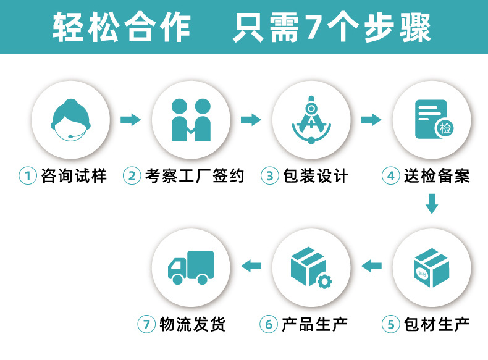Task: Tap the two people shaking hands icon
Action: pyautogui.click(x=191, y=120)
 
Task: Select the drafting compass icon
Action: pyautogui.click(x=311, y=120)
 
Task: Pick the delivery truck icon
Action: pyautogui.click(x=191, y=266)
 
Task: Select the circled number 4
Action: pyautogui.click(x=390, y=176)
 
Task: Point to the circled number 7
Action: pyautogui.click(x=146, y=324)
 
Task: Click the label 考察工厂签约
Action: pyautogui.click(x=195, y=176)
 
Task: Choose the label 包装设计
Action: pyautogui.click(x=316, y=176)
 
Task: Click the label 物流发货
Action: pyautogui.click(x=192, y=324)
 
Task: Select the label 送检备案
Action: pyautogui.click(x=437, y=176)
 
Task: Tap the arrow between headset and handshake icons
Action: pyautogui.click(x=130, y=119)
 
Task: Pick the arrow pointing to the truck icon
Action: pyautogui.click(x=251, y=266)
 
